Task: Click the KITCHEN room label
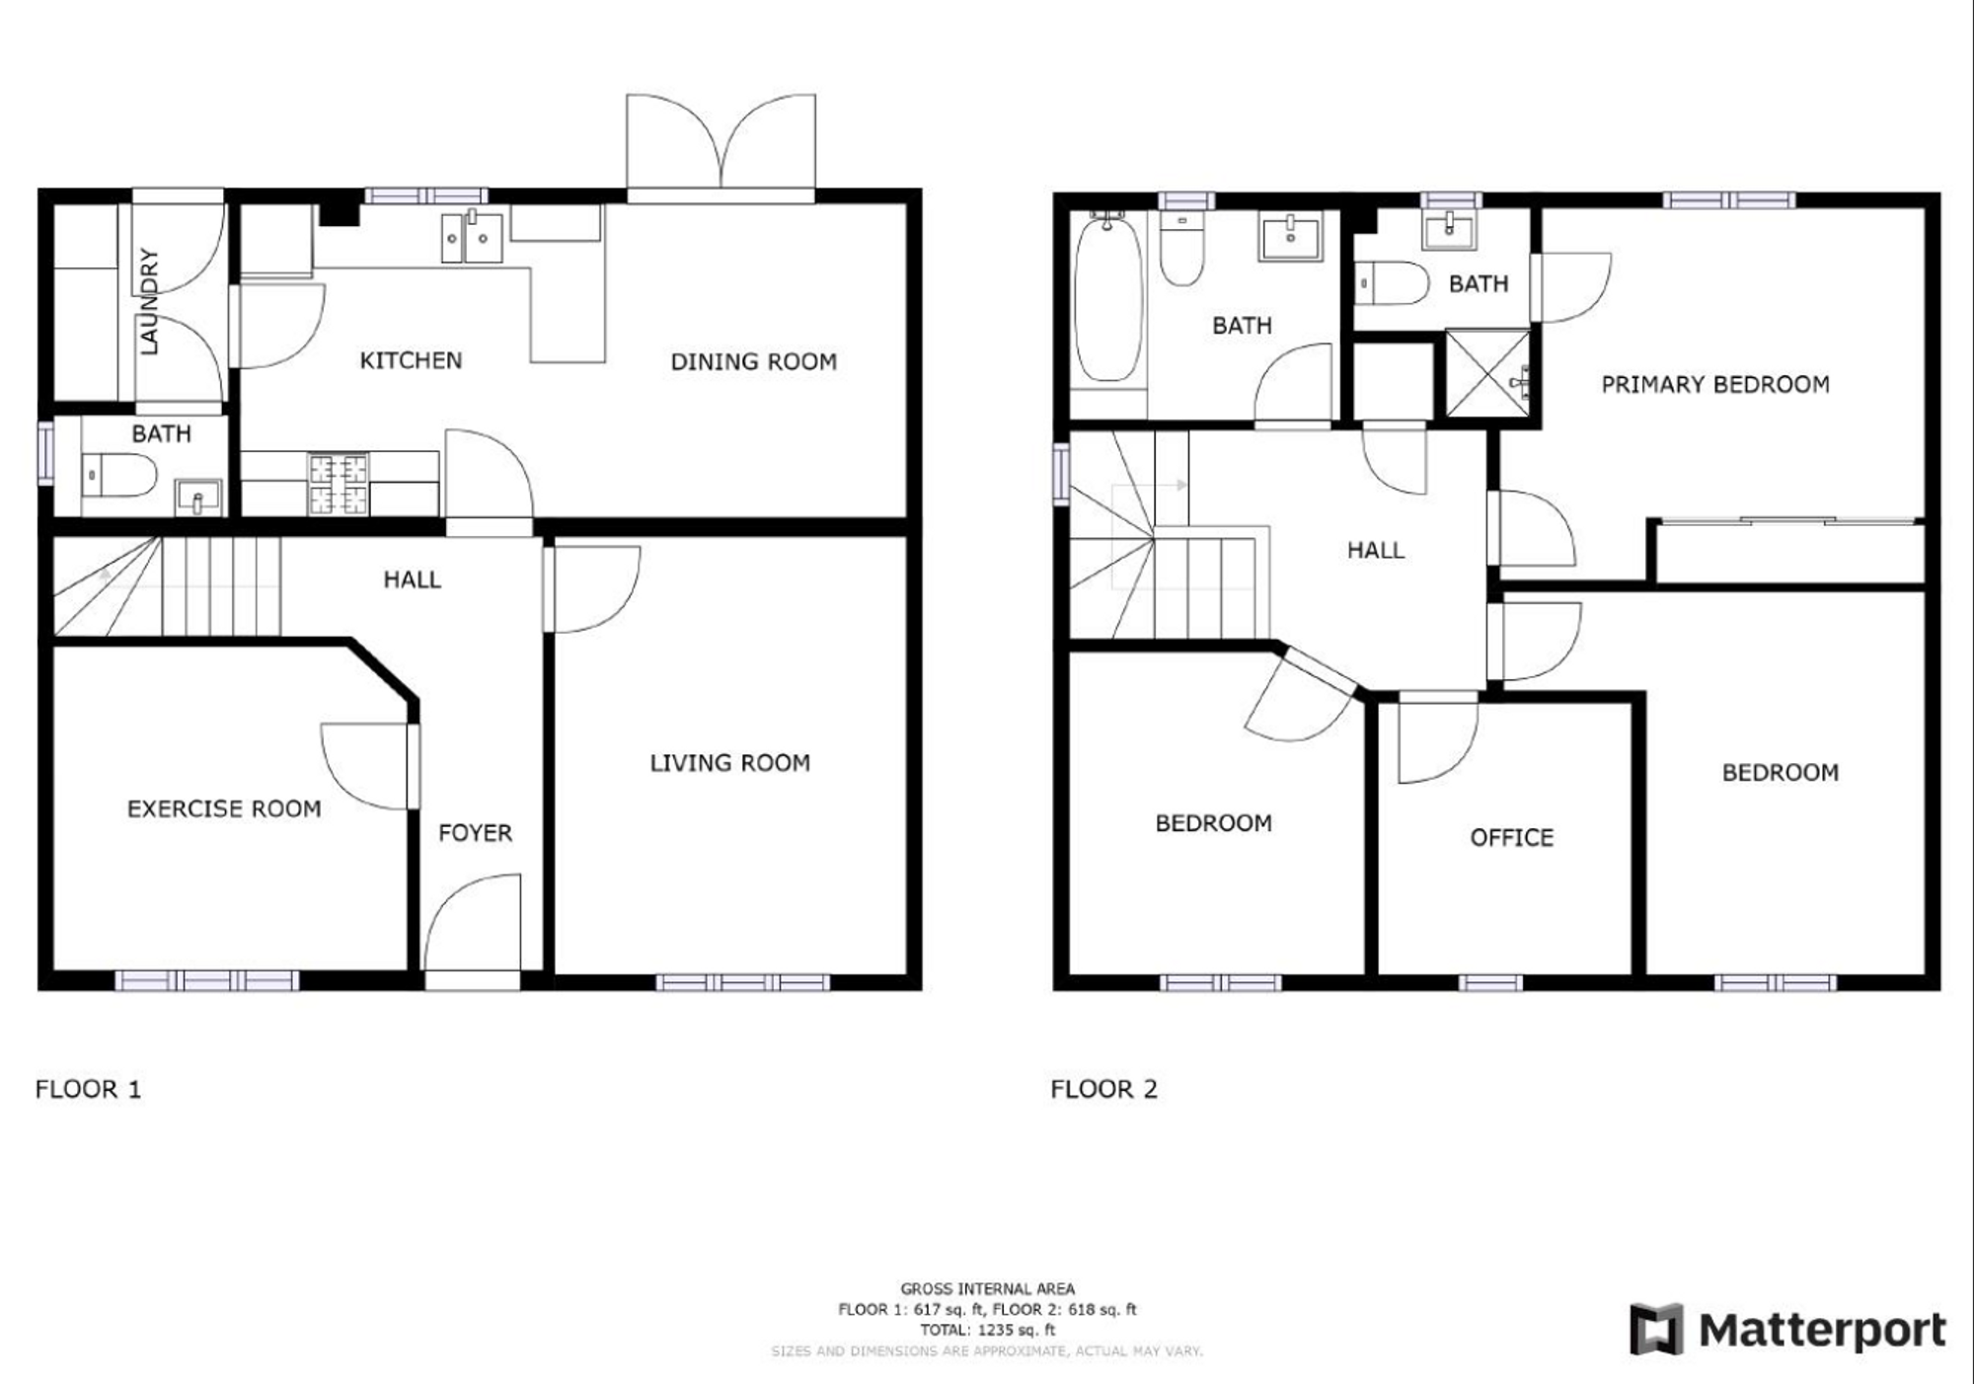pyautogui.click(x=411, y=360)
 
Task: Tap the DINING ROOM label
pyautogui.click(x=754, y=362)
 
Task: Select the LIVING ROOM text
pyautogui.click(x=729, y=763)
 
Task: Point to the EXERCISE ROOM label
pyautogui.click(x=224, y=809)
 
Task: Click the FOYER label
pyautogui.click(x=476, y=833)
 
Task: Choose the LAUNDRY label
pyautogui.click(x=149, y=301)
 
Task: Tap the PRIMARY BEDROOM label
pyautogui.click(x=1715, y=385)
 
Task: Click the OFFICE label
pyautogui.click(x=1512, y=838)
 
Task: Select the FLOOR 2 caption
pyautogui.click(x=1103, y=1090)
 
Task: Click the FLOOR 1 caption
pyautogui.click(x=88, y=1090)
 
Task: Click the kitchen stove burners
pyautogui.click(x=339, y=484)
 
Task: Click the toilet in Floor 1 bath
pyautogui.click(x=118, y=476)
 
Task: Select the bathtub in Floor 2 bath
pyautogui.click(x=1109, y=299)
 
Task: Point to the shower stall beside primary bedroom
pyautogui.click(x=1487, y=373)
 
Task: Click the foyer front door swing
pyautogui.click(x=473, y=922)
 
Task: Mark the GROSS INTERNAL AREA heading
pyautogui.click(x=987, y=1289)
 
